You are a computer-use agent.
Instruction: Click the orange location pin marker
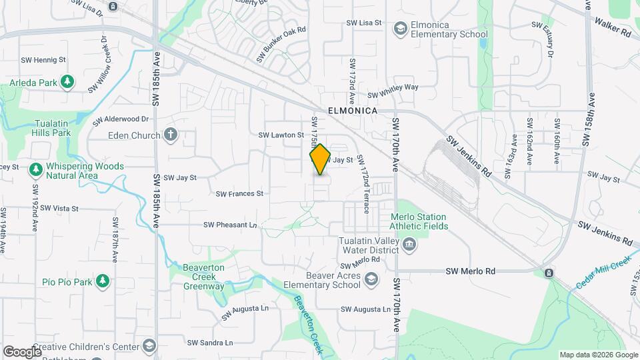tap(320, 159)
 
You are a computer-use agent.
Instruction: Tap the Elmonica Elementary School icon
tap(400, 29)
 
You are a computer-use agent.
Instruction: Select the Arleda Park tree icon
tap(67, 82)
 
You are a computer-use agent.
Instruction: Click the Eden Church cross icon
tap(170, 135)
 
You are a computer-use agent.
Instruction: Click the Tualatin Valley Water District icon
tap(410, 245)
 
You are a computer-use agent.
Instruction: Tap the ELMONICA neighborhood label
tap(353, 111)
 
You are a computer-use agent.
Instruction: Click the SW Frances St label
tap(239, 194)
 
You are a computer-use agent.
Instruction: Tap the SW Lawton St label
tap(281, 135)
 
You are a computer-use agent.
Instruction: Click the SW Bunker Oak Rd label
tap(281, 45)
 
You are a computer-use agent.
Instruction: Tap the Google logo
tap(22, 351)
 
